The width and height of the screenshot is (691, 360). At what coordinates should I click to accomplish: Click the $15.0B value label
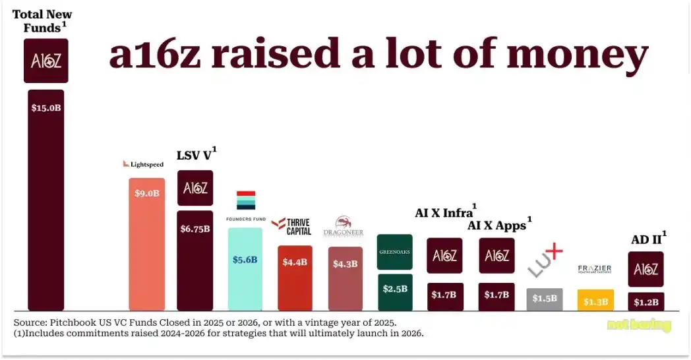pos(46,107)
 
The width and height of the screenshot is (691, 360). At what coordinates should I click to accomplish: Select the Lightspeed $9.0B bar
pos(146,244)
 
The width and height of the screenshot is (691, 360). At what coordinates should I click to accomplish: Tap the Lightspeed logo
pos(143,164)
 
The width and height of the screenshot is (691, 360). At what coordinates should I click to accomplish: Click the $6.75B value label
pos(195,229)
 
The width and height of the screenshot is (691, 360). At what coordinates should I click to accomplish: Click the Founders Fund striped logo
pos(245,200)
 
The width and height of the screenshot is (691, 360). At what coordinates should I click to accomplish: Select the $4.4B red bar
pos(295,278)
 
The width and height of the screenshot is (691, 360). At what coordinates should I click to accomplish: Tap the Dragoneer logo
pos(344,227)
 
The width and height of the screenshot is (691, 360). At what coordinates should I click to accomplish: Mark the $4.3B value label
pos(345,264)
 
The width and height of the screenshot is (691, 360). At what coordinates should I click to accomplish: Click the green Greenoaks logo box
pos(395,252)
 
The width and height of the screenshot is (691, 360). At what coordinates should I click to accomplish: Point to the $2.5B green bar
pos(395,292)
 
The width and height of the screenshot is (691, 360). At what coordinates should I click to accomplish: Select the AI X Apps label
pos(496,225)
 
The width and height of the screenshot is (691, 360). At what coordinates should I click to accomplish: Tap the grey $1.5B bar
pos(545,299)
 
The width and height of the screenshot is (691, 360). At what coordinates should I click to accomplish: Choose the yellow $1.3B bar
pos(595,300)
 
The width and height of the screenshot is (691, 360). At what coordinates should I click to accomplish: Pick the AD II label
pos(646,239)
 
